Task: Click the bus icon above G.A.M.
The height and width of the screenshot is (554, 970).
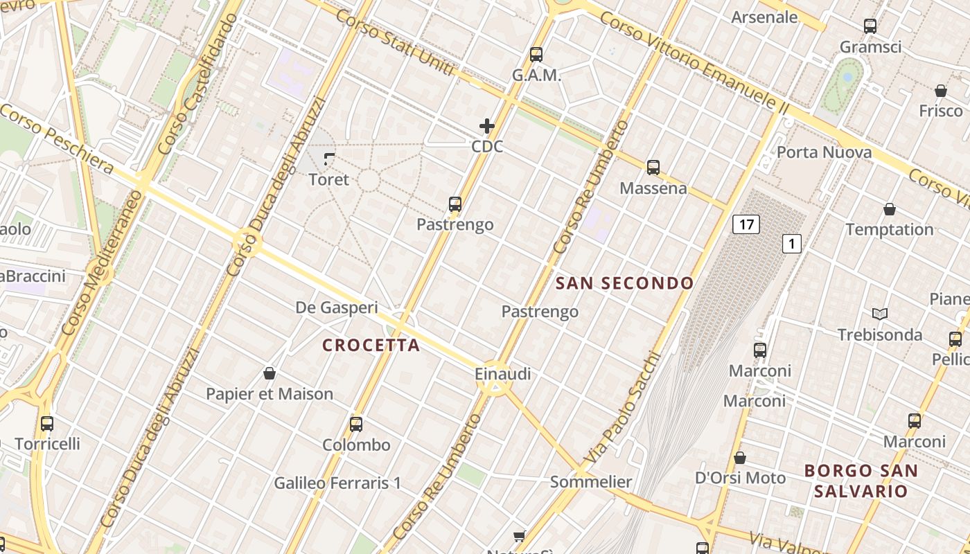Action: coord(536,55)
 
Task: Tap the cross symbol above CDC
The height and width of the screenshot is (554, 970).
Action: coord(487,126)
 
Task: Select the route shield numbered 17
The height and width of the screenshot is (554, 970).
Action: coord(746,224)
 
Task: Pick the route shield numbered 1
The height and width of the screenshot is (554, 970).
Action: coord(791,244)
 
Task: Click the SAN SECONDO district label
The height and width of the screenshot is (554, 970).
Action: coord(624,283)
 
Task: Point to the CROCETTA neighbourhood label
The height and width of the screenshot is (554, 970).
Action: coord(371,346)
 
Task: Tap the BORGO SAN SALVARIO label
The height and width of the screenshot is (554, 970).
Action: coord(861,481)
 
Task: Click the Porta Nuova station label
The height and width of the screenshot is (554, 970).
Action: coord(823,152)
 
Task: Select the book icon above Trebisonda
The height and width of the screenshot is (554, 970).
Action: coord(880,314)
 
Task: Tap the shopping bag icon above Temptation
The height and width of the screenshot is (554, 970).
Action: coord(890,209)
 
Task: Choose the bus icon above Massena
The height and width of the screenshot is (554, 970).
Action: coord(653,168)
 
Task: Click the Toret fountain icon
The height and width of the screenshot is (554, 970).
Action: coord(329,159)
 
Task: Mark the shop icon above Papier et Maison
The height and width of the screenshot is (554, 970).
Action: coord(270,374)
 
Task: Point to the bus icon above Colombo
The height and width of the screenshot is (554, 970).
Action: coord(356,425)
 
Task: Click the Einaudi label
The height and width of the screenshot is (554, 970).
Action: coord(502,374)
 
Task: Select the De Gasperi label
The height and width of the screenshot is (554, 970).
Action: coord(337,307)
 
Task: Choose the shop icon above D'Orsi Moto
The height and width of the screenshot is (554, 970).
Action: coord(740,458)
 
